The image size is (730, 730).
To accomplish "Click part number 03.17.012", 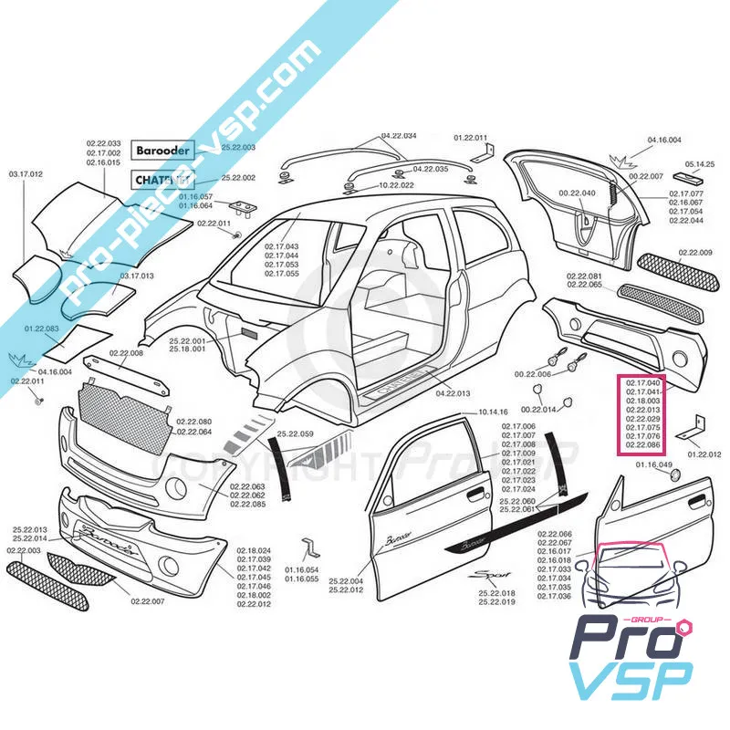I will pos(26,173).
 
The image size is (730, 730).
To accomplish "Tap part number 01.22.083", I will pos(42,328).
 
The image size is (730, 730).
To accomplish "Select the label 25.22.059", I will pos(296,433).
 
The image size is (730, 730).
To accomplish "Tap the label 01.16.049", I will pos(653,466).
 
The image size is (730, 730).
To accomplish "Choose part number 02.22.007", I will pos(147,601).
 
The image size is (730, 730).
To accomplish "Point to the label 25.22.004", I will pos(346,581).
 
